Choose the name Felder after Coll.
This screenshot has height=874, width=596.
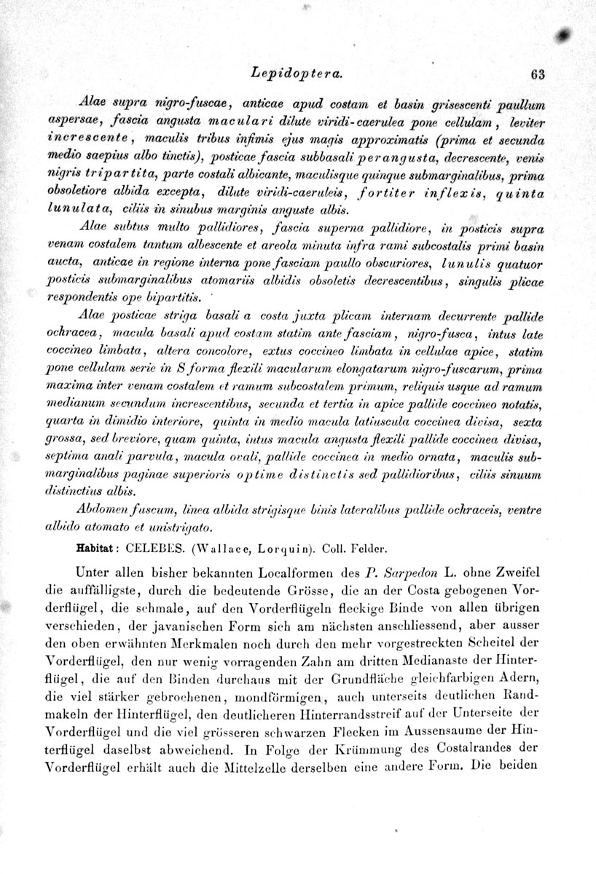click(x=371, y=544)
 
